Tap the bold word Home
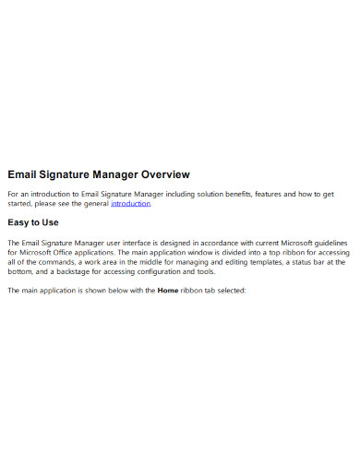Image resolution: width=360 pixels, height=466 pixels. (169, 291)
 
